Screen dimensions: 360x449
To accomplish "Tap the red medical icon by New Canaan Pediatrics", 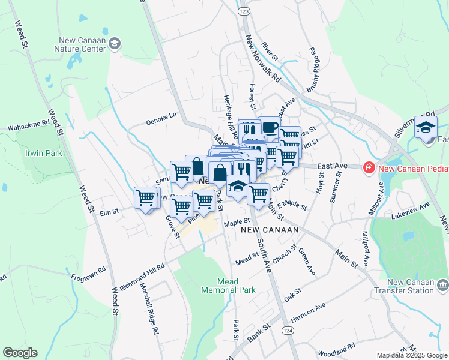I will pyautogui.click(x=369, y=169).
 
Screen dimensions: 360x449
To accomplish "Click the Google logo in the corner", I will pyautogui.click(x=20, y=353).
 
